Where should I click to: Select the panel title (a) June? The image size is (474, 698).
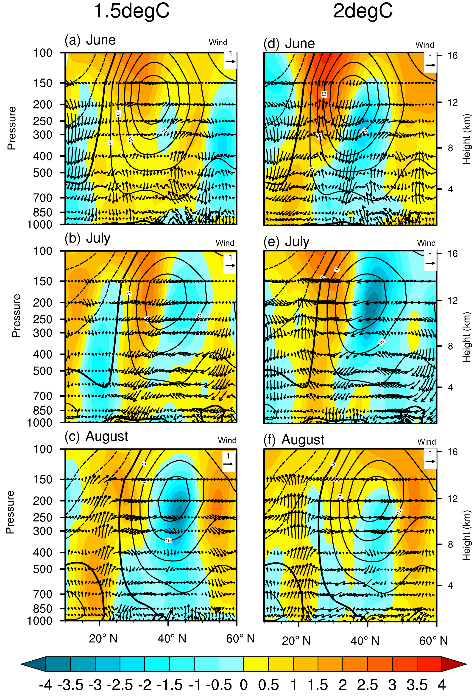click(90, 40)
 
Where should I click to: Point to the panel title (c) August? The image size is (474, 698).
click(96, 436)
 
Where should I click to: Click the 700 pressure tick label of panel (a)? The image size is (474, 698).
click(43, 198)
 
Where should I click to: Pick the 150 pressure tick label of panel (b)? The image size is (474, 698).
click(43, 281)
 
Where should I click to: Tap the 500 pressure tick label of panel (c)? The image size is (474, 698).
click(43, 569)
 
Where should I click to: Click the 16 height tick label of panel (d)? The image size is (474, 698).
click(452, 56)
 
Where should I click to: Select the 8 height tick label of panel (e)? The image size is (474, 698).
click(450, 346)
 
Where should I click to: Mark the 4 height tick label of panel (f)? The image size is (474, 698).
click(450, 585)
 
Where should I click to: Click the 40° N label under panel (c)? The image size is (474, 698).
click(172, 638)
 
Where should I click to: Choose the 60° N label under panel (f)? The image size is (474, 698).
click(433, 641)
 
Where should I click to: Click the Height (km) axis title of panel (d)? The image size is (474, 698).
click(466, 139)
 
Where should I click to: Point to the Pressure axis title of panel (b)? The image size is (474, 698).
click(17, 316)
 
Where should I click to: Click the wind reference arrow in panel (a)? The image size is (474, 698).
click(230, 62)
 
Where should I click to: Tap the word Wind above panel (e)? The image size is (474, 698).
click(426, 243)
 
